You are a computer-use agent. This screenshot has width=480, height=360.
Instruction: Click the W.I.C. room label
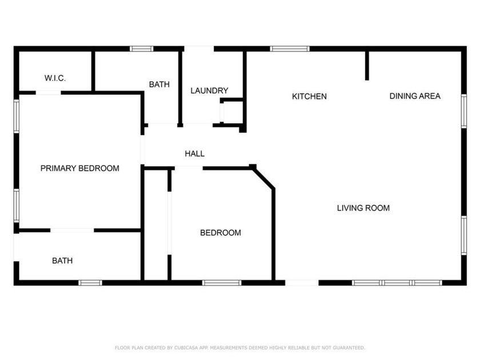pos(55,78)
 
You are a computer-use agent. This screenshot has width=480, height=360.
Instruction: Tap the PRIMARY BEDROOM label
pos(79,168)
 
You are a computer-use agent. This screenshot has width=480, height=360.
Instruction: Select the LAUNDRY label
pos(209,90)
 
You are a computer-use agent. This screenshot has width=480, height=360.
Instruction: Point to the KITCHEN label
pos(309,96)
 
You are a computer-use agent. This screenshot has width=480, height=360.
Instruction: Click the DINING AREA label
pos(415,96)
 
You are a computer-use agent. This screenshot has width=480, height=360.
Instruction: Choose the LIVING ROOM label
pos(363,208)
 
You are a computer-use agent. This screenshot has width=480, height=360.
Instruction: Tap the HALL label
pos(194,154)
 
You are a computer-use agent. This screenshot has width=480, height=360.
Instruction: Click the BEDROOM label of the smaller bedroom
pos(220,233)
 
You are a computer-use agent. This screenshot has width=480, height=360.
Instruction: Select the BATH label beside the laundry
pos(159,85)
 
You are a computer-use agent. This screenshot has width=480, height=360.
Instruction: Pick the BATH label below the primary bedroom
pos(62,261)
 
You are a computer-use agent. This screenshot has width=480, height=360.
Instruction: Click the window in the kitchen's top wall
pos(290,49)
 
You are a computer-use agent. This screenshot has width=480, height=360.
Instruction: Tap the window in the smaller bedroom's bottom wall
pos(222,282)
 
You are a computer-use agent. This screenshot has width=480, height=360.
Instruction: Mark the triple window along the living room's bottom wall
pos(397,282)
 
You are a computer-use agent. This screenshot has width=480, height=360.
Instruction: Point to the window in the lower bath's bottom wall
pos(90,282)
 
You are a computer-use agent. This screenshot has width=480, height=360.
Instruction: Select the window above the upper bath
pos(141,49)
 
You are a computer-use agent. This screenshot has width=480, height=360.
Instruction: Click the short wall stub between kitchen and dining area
pos(367,65)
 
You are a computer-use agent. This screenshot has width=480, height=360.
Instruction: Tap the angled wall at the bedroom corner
pos(263,177)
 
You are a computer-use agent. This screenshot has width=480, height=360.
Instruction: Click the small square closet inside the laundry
pos(232,111)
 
